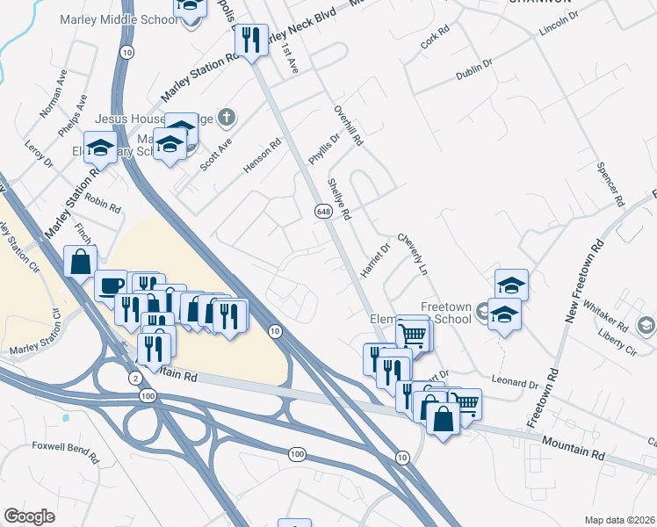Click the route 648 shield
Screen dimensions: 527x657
click(322, 211)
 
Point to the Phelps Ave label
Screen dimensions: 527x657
click(73, 115)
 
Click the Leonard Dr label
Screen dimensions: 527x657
click(515, 384)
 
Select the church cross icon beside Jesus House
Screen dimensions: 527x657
click(227, 116)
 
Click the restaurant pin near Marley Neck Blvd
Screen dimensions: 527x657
click(253, 39)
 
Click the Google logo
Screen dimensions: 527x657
click(29, 516)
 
